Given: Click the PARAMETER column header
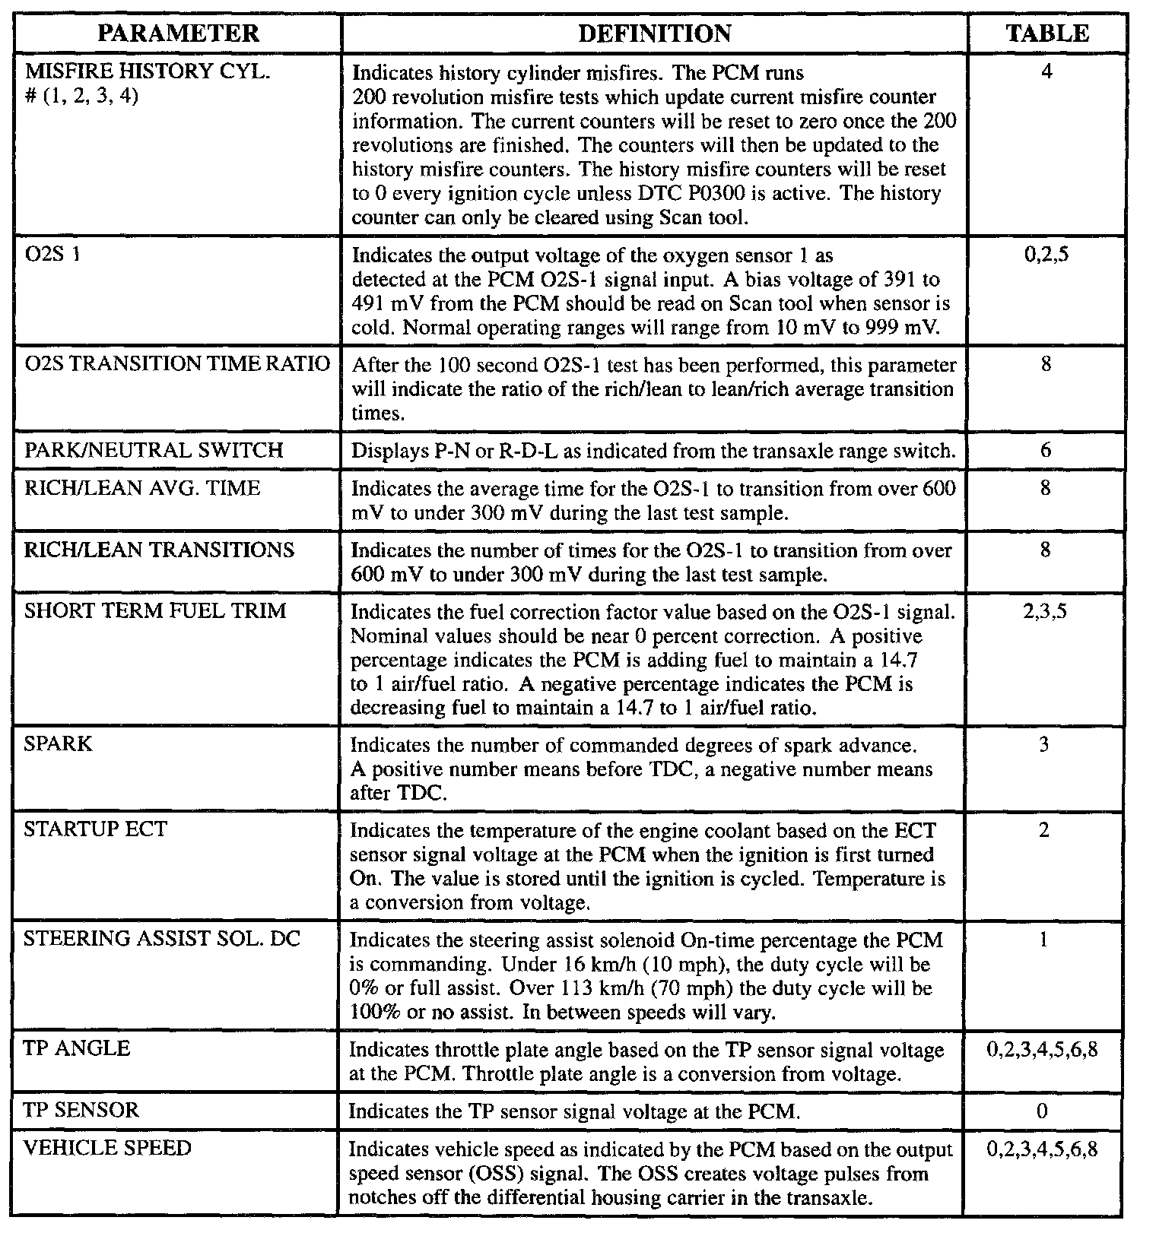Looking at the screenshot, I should [x=179, y=33].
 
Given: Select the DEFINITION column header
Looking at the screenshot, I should [x=655, y=33].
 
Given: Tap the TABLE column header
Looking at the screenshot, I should [x=1047, y=33].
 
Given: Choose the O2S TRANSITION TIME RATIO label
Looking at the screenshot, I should [x=177, y=364].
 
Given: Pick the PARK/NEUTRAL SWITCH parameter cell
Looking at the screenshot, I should [x=154, y=450].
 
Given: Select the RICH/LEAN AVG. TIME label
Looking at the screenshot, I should [x=142, y=488].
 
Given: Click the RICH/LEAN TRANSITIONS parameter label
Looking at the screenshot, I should [x=159, y=550].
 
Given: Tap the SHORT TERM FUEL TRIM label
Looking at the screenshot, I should [x=155, y=611].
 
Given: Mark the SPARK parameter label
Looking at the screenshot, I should [x=58, y=743].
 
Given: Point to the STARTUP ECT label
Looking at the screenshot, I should [x=95, y=829].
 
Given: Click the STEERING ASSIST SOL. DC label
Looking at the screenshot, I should [x=162, y=940].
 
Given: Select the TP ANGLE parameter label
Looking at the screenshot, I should [x=77, y=1049].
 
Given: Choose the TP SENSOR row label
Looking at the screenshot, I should [x=81, y=1111].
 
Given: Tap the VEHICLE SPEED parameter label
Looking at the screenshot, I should [x=107, y=1149].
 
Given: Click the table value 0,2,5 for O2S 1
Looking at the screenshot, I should [x=1046, y=255].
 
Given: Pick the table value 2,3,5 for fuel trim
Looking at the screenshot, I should [x=1045, y=611].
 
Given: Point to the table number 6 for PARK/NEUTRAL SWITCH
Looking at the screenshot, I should [x=1046, y=450].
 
